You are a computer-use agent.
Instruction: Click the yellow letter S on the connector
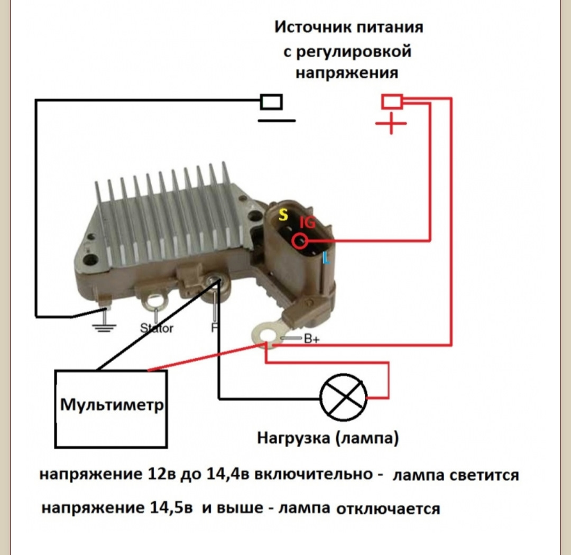click(x=284, y=215)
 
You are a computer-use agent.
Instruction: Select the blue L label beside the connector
click(x=326, y=259)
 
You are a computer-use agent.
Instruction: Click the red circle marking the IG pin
click(x=300, y=241)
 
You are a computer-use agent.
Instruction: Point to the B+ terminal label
click(x=311, y=339)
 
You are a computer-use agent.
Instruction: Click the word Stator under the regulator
click(x=156, y=328)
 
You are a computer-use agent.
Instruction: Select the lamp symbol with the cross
click(x=344, y=397)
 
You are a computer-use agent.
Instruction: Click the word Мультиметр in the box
click(x=112, y=405)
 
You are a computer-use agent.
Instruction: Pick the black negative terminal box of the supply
click(x=272, y=101)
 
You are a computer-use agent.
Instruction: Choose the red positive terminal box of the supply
click(x=392, y=101)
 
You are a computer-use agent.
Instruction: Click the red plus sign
click(x=391, y=125)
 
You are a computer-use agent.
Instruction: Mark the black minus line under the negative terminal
click(x=277, y=121)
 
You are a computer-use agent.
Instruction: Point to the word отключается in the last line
click(x=388, y=509)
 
